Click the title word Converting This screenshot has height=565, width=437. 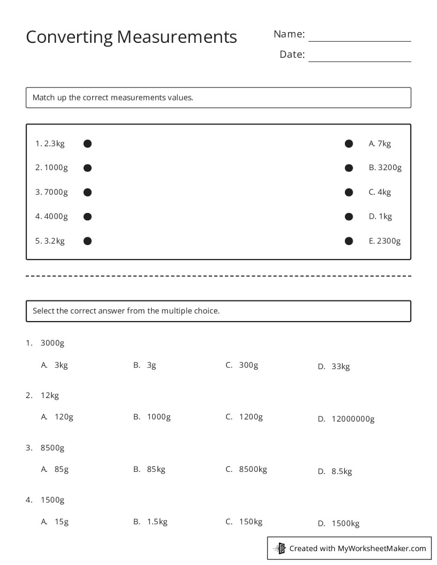(69, 37)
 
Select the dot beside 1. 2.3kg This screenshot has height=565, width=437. (88, 143)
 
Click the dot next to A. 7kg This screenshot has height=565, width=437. (349, 143)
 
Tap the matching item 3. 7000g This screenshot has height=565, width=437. (51, 192)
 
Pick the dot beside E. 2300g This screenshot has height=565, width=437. (349, 241)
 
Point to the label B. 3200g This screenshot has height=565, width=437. (385, 167)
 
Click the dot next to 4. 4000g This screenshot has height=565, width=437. (88, 217)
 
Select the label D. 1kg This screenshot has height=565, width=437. (380, 217)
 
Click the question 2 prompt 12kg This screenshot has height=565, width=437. (49, 395)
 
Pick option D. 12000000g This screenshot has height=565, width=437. (346, 419)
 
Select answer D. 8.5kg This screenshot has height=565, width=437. (335, 471)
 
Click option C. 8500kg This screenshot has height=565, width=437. (246, 469)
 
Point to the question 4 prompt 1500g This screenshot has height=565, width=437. (52, 500)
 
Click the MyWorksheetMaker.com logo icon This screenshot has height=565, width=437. (280, 548)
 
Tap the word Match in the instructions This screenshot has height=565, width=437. (43, 97)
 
